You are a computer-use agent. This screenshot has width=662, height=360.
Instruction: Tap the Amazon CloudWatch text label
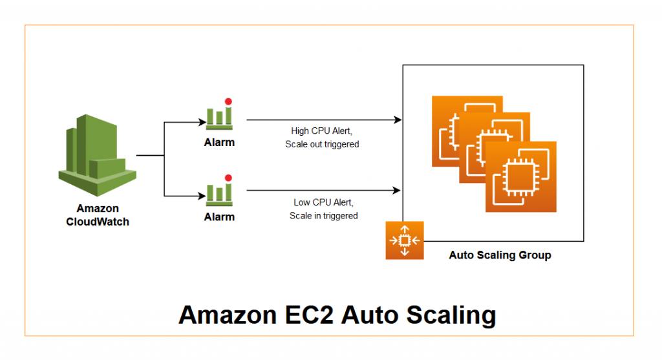point(98,215)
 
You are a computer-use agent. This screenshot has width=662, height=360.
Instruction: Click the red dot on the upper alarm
point(228,101)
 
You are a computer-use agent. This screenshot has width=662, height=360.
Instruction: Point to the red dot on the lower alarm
point(228,177)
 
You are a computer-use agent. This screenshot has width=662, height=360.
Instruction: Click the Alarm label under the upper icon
point(219,142)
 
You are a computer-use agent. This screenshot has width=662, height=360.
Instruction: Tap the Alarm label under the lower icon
point(219,217)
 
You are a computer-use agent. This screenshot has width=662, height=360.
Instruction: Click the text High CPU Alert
point(322,131)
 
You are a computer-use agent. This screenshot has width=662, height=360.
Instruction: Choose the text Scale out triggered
point(322,144)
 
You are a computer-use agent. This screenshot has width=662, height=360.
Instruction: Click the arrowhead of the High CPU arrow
point(398,120)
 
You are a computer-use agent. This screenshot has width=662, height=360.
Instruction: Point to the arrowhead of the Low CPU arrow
point(398,191)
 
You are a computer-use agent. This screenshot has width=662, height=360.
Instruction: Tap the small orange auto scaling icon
point(404,240)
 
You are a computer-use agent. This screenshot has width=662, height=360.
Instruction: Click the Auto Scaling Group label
point(500,255)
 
